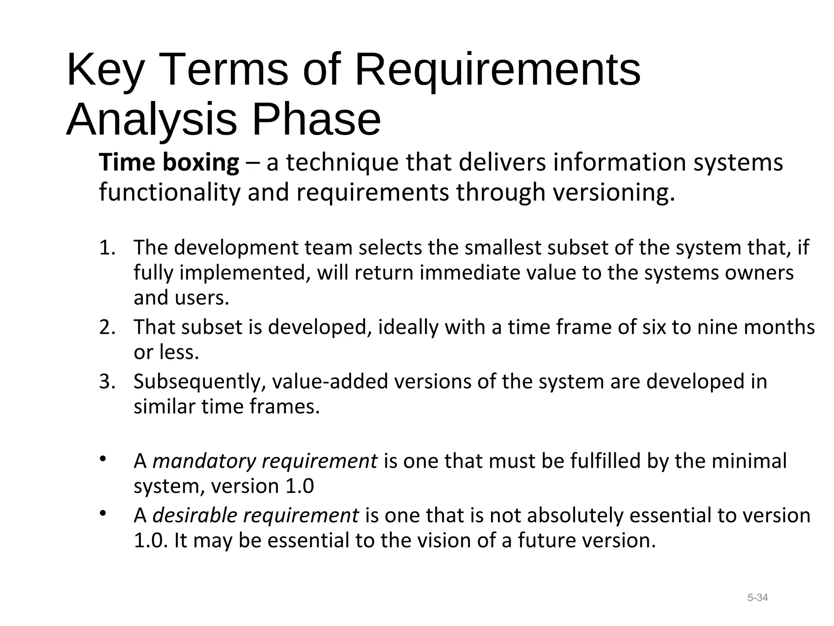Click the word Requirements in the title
pos(498,70)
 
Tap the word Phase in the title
pos(316,120)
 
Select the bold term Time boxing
pos(169,163)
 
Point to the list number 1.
pos(107,248)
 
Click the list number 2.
pos(107,327)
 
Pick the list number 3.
pos(107,382)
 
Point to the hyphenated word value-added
pos(330,382)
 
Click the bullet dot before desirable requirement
pos(103,513)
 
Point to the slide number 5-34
pos(757,598)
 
